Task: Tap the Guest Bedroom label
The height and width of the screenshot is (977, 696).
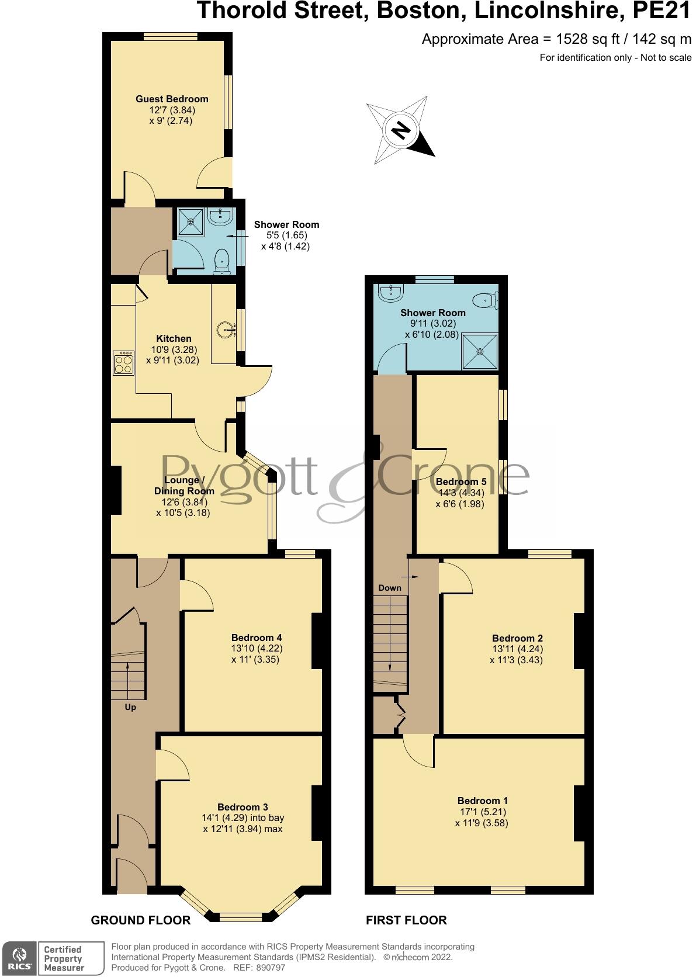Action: [x=172, y=99]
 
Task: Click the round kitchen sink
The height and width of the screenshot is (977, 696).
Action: [x=227, y=331]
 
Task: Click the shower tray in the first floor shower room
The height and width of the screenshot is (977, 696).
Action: [x=480, y=351]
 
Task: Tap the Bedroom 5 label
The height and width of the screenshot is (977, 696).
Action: [x=461, y=482]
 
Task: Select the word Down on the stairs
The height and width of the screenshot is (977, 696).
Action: [x=390, y=587]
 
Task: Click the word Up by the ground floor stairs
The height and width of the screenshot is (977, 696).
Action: [x=130, y=707]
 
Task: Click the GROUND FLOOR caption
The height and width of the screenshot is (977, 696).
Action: [x=141, y=920]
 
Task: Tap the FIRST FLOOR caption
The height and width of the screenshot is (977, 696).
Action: [x=406, y=920]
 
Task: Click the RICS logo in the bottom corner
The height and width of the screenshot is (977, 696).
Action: [x=19, y=958]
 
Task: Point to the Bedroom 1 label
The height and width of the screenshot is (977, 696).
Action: [x=483, y=801]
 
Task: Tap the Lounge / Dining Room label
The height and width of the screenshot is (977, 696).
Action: [x=185, y=486]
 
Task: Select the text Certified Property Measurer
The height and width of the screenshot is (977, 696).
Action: [x=64, y=958]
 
